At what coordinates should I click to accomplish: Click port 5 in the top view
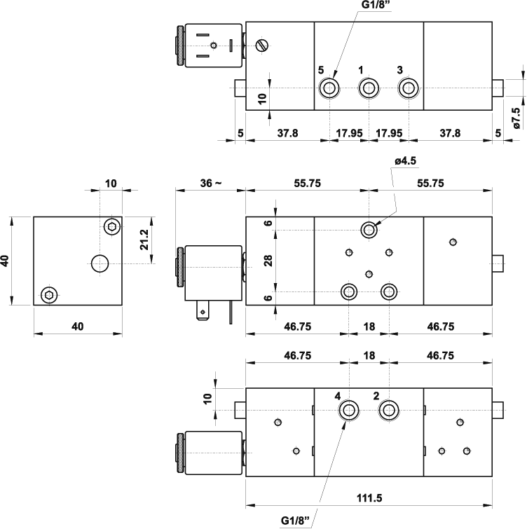point(329,88)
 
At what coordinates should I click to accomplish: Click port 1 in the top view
point(368,88)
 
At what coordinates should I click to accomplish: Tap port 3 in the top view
point(407,88)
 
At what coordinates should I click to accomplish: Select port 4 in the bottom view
point(348,410)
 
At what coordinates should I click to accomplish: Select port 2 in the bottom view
point(388,410)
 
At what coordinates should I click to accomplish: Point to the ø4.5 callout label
point(405,160)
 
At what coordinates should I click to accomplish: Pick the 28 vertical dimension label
point(268,260)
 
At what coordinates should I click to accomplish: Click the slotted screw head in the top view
point(263,46)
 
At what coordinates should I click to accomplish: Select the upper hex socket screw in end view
point(112,226)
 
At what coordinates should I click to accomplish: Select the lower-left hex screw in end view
point(48,294)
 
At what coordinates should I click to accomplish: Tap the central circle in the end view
point(100,263)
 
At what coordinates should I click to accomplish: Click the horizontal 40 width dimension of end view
point(78,325)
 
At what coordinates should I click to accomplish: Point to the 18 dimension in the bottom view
point(369,356)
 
